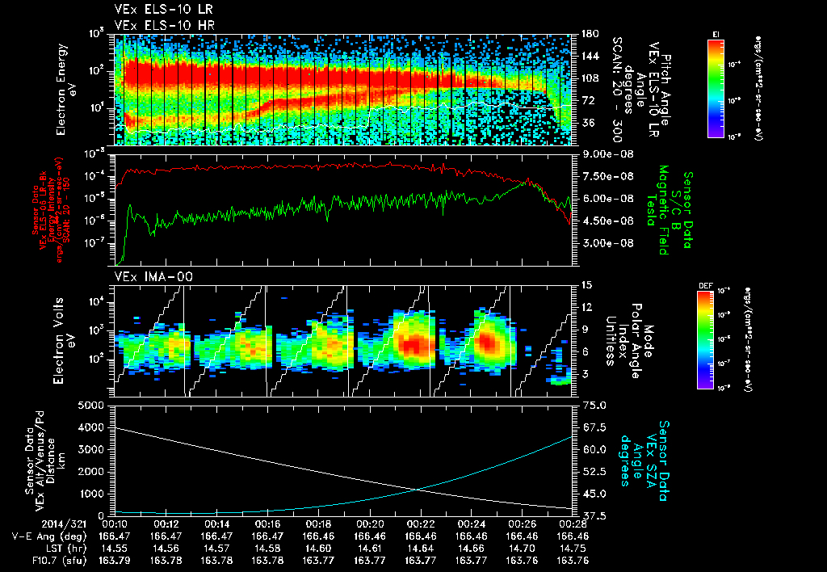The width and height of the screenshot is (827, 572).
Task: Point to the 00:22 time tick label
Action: coord(421,522)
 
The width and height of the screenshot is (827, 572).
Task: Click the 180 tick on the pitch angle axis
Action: coord(588,34)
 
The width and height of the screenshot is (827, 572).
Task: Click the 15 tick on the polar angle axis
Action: coord(586,285)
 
